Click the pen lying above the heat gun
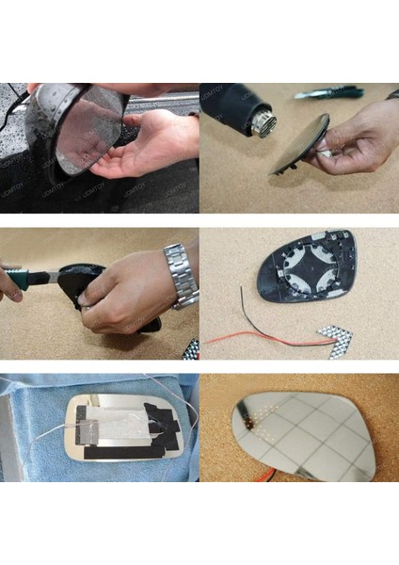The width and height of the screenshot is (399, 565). point(328,92)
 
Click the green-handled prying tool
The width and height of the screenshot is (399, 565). point(28,279)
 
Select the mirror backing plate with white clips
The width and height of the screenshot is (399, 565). point(306,268)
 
